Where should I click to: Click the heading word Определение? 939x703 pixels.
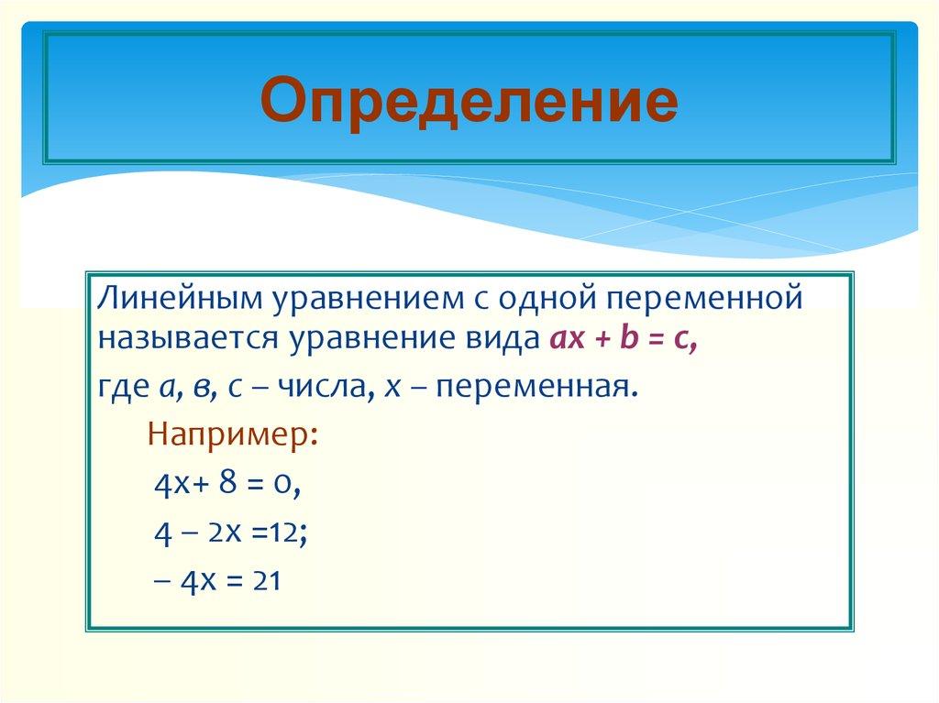tap(469, 100)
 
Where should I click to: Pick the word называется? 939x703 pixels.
tap(189, 341)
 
